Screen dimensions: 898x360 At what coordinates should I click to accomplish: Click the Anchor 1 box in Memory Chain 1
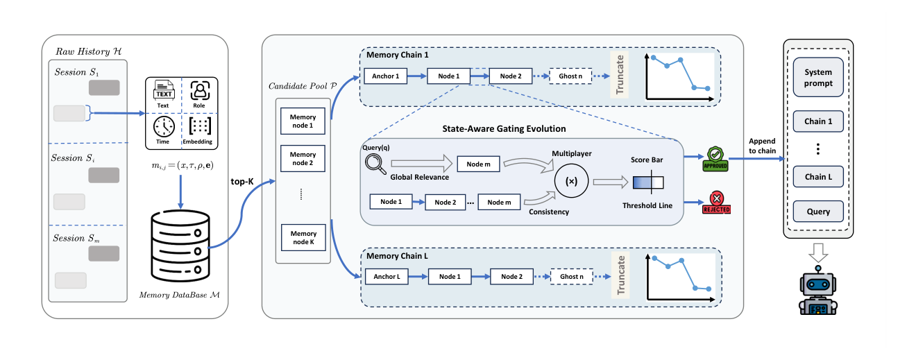pos(385,76)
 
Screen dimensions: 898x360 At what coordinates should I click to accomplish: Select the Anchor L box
pos(387,276)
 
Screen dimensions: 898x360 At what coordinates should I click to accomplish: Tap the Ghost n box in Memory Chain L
pos(571,276)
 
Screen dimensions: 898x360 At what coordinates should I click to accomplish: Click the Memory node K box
pos(303,237)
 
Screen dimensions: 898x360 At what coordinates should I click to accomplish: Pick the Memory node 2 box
pos(303,158)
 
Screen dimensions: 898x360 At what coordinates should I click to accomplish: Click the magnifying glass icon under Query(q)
pos(375,164)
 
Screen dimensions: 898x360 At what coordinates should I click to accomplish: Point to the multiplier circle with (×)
pos(571,181)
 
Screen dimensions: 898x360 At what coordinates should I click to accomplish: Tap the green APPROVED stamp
pos(715,159)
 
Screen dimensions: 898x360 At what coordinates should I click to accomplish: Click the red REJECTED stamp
pos(716,203)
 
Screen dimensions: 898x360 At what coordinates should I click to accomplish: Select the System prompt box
pos(818,78)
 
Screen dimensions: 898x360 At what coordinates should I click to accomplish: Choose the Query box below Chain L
pos(818,212)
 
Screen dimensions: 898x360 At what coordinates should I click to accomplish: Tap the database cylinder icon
pos(180,245)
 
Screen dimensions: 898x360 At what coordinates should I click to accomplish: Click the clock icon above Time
pos(164,127)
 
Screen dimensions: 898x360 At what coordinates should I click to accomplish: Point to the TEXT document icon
pos(164,89)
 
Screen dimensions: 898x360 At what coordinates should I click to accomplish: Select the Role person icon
pos(200,91)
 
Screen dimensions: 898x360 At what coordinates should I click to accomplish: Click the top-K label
pos(242,181)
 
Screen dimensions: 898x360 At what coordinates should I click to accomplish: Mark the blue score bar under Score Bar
pos(648,182)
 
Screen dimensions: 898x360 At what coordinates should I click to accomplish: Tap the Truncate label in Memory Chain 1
pos(620,75)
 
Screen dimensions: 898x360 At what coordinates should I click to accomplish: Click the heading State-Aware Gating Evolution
pos(504,129)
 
